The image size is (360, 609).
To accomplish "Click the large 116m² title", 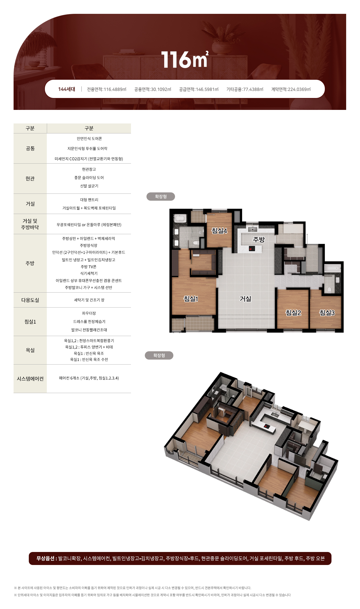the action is [x=184, y=59].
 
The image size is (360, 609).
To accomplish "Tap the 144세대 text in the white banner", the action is [x=66, y=89].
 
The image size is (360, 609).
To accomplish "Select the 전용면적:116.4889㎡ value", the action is [x=107, y=89].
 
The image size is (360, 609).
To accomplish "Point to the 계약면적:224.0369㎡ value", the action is [x=291, y=89].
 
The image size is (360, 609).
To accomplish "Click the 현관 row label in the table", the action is [x=30, y=179].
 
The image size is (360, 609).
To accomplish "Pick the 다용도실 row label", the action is [x=30, y=300].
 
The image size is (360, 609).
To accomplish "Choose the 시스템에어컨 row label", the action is [x=30, y=379].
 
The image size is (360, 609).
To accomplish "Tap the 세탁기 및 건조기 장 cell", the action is [x=89, y=300].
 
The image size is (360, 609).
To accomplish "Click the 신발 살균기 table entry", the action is [x=89, y=186].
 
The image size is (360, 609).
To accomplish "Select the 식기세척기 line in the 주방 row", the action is [x=89, y=273].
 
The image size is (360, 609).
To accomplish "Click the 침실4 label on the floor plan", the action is [x=219, y=231].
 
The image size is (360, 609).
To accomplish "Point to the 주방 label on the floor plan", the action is [x=259, y=240].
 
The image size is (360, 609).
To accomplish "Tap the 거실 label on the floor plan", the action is [x=245, y=299].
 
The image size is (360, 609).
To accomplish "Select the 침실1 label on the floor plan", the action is [x=191, y=299].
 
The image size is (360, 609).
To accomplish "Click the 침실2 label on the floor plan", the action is [x=293, y=313].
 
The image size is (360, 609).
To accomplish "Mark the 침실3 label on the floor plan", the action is [x=327, y=313].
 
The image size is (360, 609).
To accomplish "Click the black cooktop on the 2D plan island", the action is [x=252, y=249].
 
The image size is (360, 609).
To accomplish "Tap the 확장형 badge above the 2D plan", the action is [x=161, y=197].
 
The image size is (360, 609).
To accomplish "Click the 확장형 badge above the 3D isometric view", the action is [x=159, y=355].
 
